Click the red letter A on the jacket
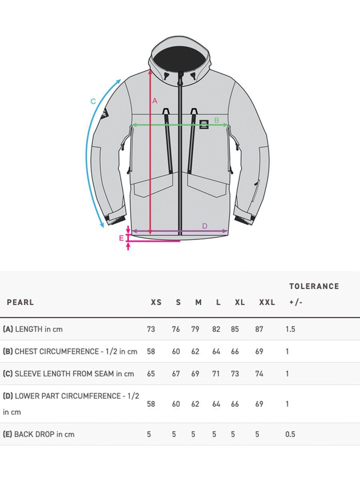tap(155, 101)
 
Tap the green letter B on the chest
tap(216, 120)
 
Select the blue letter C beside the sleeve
tap(93, 102)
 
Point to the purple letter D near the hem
tap(204, 226)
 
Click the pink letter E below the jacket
tap(122, 238)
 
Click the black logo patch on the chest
tap(204, 124)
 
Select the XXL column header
tap(267, 302)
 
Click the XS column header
tap(156, 302)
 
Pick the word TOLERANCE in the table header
tap(314, 286)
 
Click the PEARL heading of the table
tap(20, 302)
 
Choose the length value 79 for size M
tap(195, 329)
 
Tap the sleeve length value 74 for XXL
tap(259, 374)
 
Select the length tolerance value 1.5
tap(290, 329)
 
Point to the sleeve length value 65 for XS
tap(151, 374)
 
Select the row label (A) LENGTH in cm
tap(33, 329)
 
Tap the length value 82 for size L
tap(216, 329)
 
